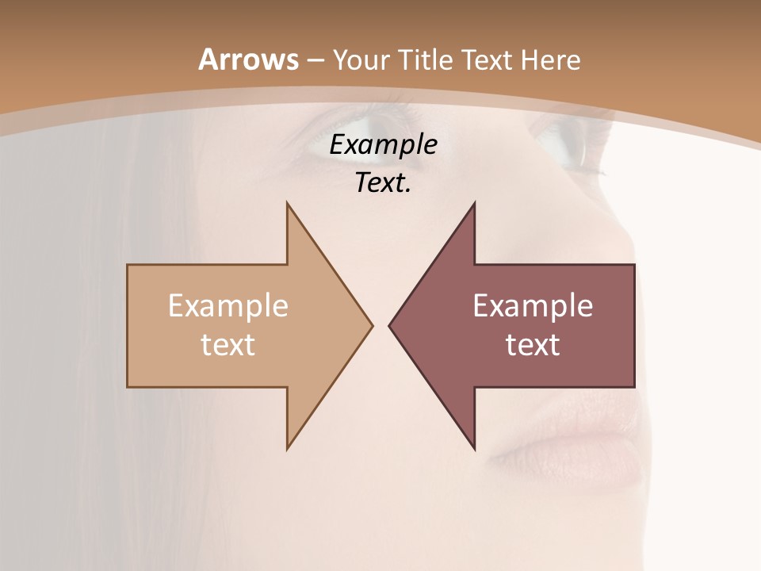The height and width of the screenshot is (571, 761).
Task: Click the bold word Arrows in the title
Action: click(249, 59)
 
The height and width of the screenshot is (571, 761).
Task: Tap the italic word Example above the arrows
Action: click(383, 145)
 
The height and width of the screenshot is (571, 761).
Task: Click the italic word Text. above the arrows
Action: click(383, 183)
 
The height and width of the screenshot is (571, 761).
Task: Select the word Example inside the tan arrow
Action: click(228, 306)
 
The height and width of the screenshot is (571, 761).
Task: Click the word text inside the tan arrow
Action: click(228, 345)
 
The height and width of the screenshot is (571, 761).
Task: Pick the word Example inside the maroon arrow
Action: click(533, 306)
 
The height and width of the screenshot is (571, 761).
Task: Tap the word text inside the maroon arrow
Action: click(533, 345)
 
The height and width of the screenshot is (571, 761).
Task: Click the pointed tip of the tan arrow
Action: click(372, 325)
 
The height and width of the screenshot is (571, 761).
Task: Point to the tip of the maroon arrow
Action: click(389, 325)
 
